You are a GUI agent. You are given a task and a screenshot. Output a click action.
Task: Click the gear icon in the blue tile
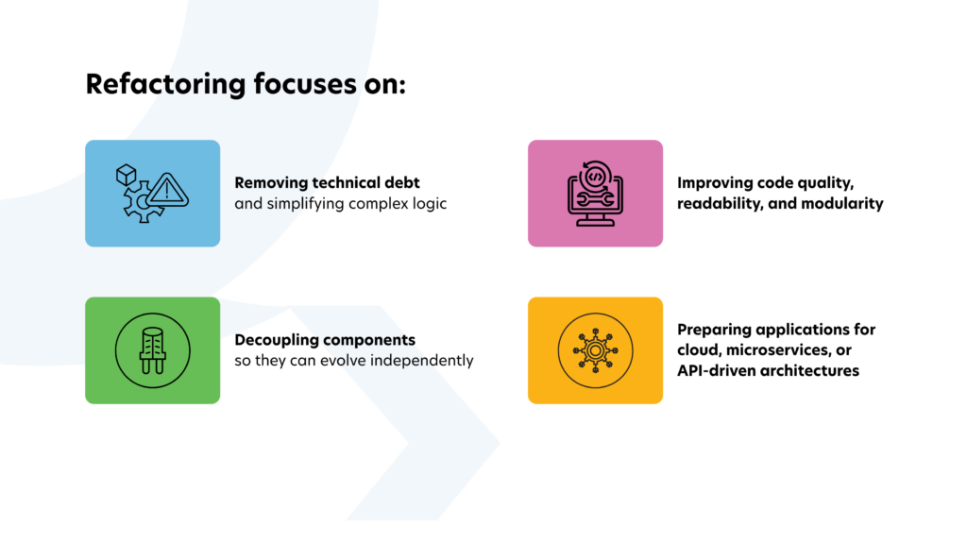(x=141, y=204)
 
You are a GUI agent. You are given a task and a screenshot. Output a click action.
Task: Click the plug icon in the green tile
(x=152, y=350)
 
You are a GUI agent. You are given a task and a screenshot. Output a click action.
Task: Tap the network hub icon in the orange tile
(x=595, y=350)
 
